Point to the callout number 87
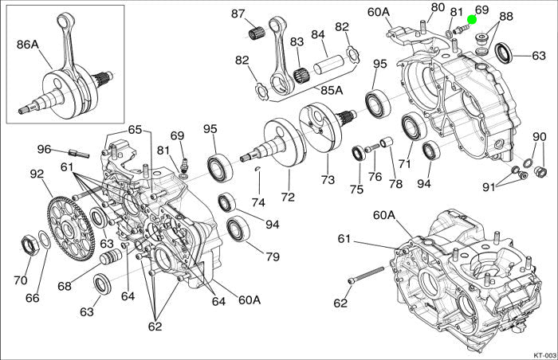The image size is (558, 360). tap(238, 14)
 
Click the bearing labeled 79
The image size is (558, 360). tap(237, 230)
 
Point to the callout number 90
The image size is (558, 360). tap(539, 136)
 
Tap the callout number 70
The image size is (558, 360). tap(21, 280)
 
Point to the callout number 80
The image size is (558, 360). tap(437, 8)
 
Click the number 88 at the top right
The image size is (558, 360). tap(506, 17)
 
